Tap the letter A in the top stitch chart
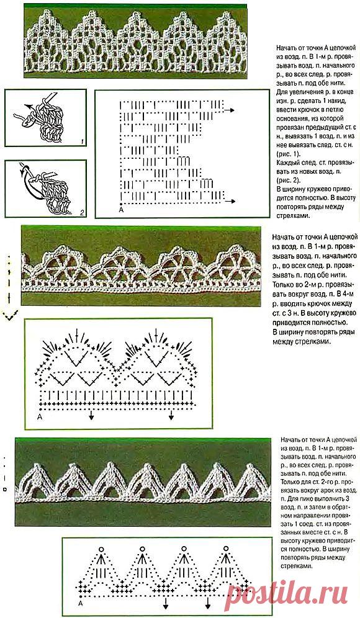coord(120,211)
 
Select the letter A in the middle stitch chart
coord(39,417)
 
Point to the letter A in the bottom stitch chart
coord(81,602)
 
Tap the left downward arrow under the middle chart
coord(91,417)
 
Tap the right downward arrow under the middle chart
coord(170,417)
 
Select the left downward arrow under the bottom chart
coord(165,604)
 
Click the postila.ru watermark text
coord(292,598)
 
